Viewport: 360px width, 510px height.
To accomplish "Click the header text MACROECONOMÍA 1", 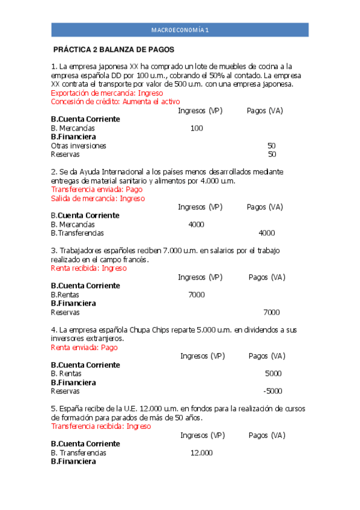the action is (180, 29).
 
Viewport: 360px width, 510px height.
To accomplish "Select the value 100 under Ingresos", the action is (196, 128).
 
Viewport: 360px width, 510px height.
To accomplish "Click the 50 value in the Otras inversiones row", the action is (272, 146).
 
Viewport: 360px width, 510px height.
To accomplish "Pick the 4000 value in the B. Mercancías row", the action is (196, 224).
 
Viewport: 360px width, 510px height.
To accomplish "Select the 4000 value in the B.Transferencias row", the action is (266, 233).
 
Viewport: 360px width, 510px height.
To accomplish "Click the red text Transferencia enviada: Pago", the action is (97, 189).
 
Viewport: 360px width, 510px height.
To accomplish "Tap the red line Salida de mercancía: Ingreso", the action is (98, 198).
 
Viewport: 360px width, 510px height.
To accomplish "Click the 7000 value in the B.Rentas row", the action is (196, 295).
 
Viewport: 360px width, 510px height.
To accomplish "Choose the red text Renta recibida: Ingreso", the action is (88, 268).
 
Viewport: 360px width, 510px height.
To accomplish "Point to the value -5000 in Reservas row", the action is (272, 391).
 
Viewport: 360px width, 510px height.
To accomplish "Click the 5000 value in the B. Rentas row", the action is (273, 373).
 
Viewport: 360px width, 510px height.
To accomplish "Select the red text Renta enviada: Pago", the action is (84, 347).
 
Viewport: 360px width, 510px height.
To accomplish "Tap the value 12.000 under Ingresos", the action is (201, 453).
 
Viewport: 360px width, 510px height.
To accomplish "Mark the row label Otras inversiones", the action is (78, 146).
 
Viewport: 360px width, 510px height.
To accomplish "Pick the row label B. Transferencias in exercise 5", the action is (78, 453).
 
